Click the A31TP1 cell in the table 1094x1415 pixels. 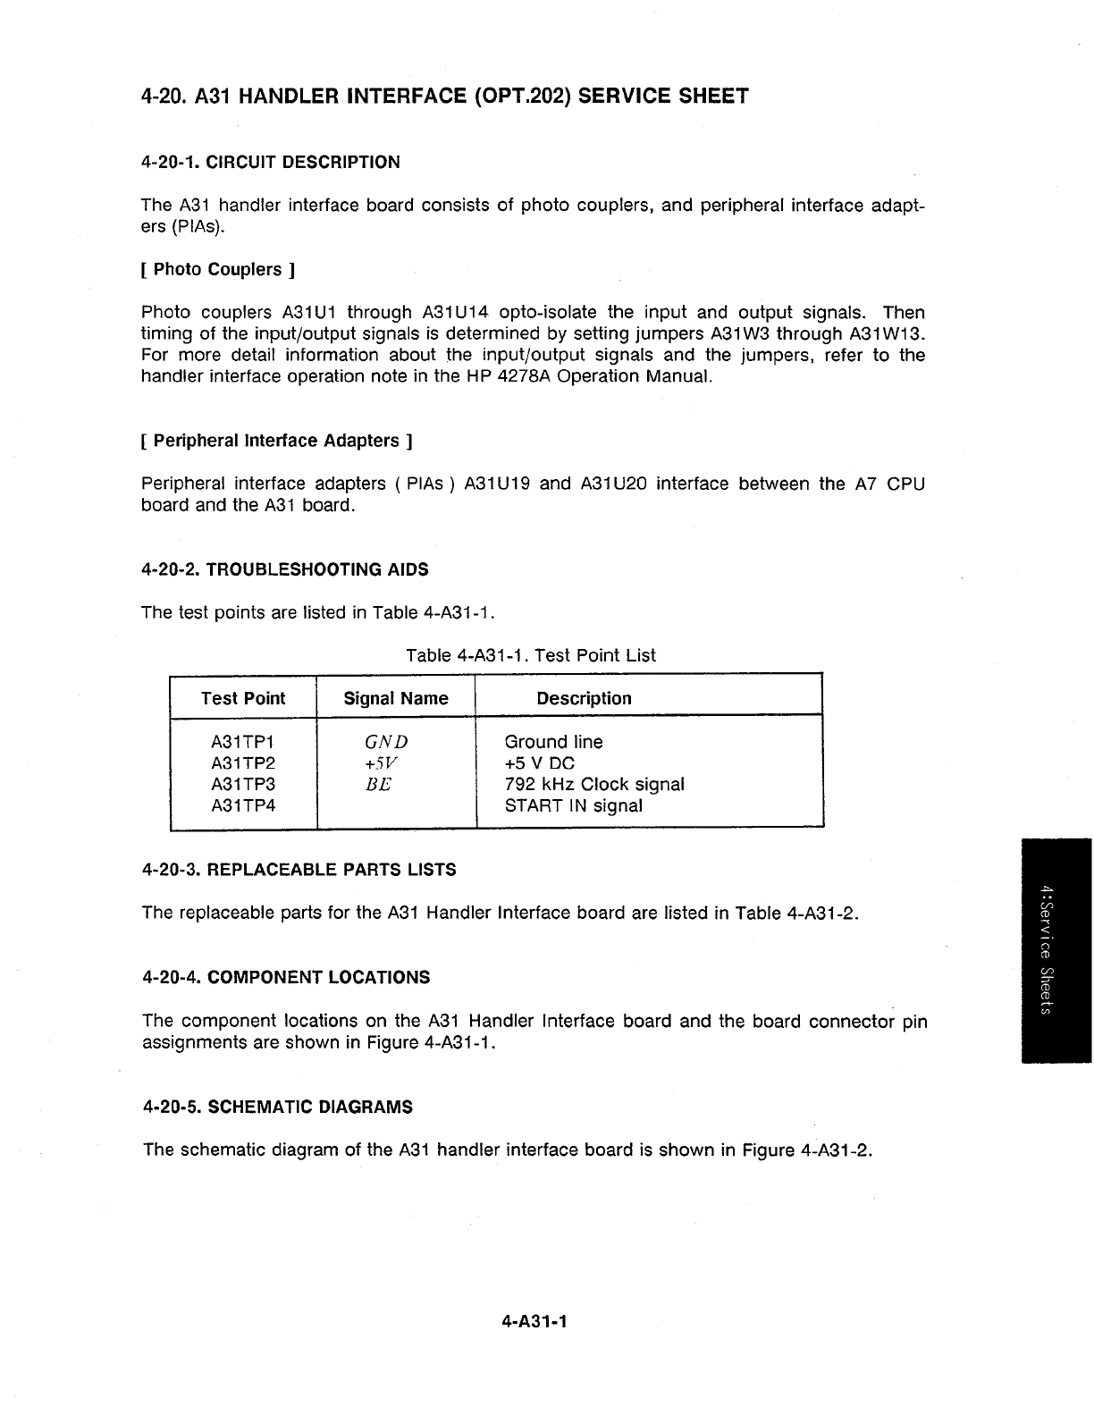pyautogui.click(x=243, y=742)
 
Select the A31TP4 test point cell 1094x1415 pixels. pyautogui.click(x=243, y=805)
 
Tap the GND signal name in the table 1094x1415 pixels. pyautogui.click(x=386, y=742)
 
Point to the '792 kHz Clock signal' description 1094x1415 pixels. pyautogui.click(x=594, y=785)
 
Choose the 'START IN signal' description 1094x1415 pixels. pyautogui.click(x=573, y=805)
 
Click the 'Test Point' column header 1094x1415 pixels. pyautogui.click(x=243, y=698)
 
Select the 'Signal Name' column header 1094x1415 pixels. pyautogui.click(x=396, y=698)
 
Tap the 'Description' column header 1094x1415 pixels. pyautogui.click(x=584, y=698)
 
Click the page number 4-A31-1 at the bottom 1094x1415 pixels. pyautogui.click(x=535, y=1320)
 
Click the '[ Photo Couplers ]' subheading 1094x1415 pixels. pyautogui.click(x=218, y=269)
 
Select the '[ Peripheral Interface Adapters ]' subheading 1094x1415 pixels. pyautogui.click(x=276, y=441)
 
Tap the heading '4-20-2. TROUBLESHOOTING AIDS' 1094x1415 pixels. pyautogui.click(x=285, y=569)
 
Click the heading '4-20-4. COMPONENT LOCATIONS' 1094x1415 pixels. pyautogui.click(x=286, y=977)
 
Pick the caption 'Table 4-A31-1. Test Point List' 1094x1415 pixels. pyautogui.click(x=531, y=655)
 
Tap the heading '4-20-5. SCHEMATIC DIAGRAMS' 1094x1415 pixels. pyautogui.click(x=277, y=1107)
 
